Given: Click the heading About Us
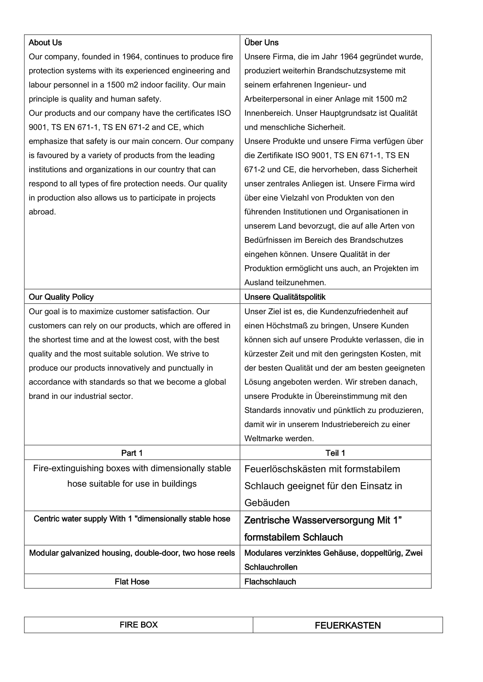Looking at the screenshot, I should pyautogui.click(x=45, y=43).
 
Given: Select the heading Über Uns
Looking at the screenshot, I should pyautogui.click(x=261, y=43).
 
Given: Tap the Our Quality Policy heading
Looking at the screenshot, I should pyautogui.click(x=61, y=297).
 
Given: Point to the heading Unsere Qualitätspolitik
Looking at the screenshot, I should pyautogui.click(x=285, y=297).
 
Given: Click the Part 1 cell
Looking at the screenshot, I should pyautogui.click(x=132, y=453).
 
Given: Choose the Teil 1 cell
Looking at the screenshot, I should pyautogui.click(x=335, y=453).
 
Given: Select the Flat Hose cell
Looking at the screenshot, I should pyautogui.click(x=132, y=582).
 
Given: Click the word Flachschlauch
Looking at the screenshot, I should pyautogui.click(x=270, y=582).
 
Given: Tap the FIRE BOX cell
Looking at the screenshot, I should pyautogui.click(x=139, y=625).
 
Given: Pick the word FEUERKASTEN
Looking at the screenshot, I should pyautogui.click(x=348, y=625).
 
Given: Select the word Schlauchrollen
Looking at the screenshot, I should pyautogui.click(x=271, y=567).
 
